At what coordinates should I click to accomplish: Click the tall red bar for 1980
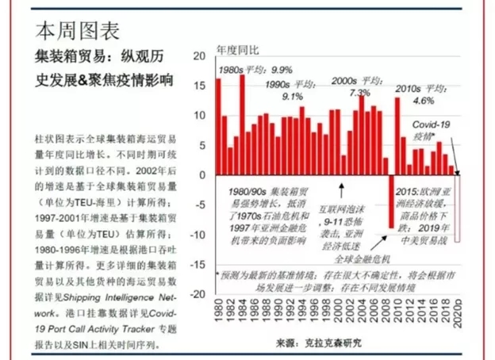tap(219, 127)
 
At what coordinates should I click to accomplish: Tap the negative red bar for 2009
tap(390, 201)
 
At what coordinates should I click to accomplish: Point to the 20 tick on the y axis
tap(199, 56)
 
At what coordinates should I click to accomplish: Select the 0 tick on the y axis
tap(203, 174)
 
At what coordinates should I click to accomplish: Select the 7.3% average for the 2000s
tap(350, 94)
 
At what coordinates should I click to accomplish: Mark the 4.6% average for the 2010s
tap(424, 101)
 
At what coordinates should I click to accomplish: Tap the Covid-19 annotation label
tap(432, 125)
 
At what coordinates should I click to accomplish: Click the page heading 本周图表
tap(78, 30)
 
